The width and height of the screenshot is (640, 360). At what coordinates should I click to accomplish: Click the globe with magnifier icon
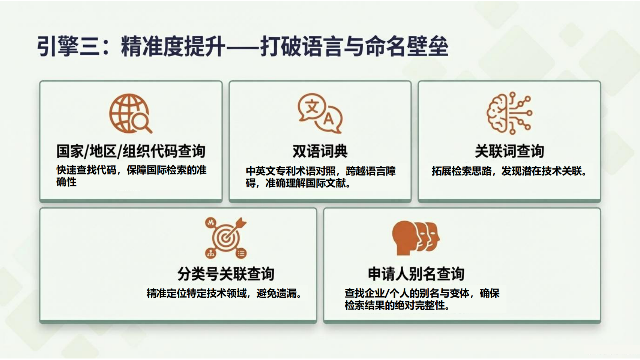[131, 113]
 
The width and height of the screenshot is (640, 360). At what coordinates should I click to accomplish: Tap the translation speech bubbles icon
[320, 113]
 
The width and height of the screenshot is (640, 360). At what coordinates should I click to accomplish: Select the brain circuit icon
[509, 113]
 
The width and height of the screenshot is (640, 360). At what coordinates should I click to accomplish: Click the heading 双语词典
[320, 151]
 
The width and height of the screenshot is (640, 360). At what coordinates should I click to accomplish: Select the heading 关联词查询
[509, 151]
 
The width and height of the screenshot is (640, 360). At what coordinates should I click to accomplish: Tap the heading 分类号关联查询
[226, 274]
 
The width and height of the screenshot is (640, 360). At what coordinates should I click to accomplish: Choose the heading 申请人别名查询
[416, 274]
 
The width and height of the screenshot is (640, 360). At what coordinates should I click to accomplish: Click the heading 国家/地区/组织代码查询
[131, 151]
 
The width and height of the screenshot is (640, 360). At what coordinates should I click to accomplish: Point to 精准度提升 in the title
[173, 46]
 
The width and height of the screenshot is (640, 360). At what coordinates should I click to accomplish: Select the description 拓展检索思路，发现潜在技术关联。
[509, 171]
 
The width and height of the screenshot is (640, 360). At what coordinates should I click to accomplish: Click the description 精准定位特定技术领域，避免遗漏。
[224, 293]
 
